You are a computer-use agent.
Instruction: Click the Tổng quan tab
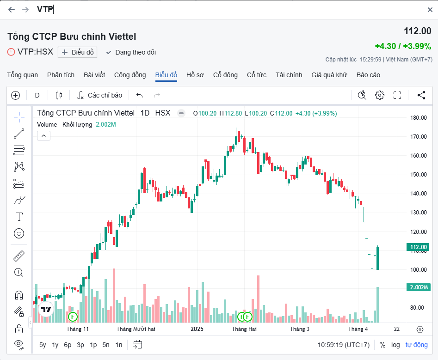[22, 75]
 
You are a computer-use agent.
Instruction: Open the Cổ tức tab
[257, 75]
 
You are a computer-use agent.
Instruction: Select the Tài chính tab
[289, 75]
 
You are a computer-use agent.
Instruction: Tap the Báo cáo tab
[368, 75]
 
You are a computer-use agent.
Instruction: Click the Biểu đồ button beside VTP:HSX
[78, 52]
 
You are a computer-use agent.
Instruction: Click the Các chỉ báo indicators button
[100, 95]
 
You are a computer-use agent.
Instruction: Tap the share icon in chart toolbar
[421, 95]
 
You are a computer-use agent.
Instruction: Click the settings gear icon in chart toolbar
[380, 95]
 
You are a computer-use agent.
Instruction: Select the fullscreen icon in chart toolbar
[397, 95]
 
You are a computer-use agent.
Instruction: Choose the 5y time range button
[43, 345]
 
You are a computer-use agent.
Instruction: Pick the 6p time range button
[68, 345]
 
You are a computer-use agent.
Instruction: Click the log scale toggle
[395, 345]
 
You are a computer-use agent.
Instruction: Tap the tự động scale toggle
[417, 345]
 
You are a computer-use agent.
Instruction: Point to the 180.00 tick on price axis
[418, 118]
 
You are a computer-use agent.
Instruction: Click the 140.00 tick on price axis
[418, 194]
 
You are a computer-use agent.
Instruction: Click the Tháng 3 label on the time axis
[300, 329]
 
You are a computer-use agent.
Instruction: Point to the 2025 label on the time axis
[197, 329]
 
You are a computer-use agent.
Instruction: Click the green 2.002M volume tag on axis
[418, 287]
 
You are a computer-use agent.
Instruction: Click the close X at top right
[430, 10]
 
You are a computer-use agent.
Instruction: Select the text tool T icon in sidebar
[19, 217]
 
